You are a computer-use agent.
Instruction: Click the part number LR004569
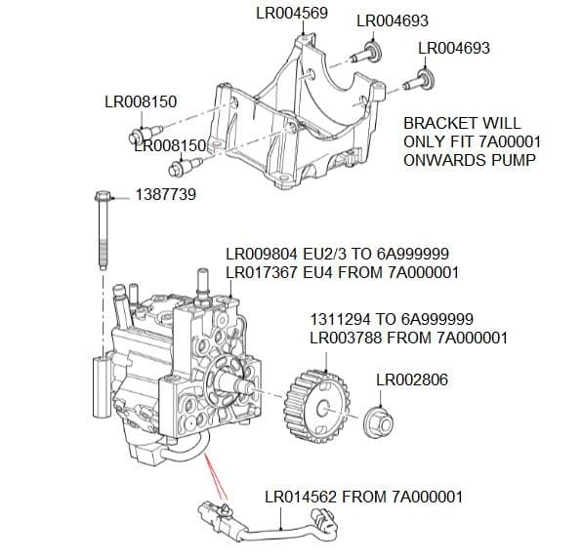click(291, 14)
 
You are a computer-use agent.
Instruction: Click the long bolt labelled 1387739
click(103, 234)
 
